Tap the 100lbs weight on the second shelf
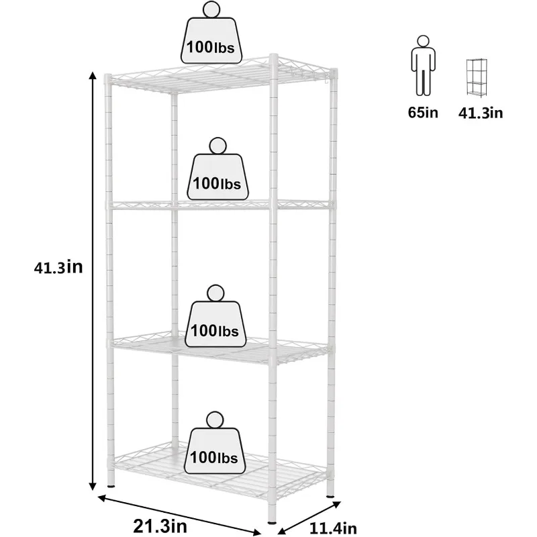(x=217, y=177)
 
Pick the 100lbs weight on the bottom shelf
(x=213, y=452)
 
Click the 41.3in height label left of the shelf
(x=58, y=267)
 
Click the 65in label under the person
(x=423, y=112)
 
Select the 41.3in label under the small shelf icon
(x=481, y=112)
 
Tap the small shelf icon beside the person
(x=476, y=78)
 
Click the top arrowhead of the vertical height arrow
(x=92, y=75)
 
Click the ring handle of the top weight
(x=212, y=10)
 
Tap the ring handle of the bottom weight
(x=214, y=420)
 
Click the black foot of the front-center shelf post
(x=272, y=519)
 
